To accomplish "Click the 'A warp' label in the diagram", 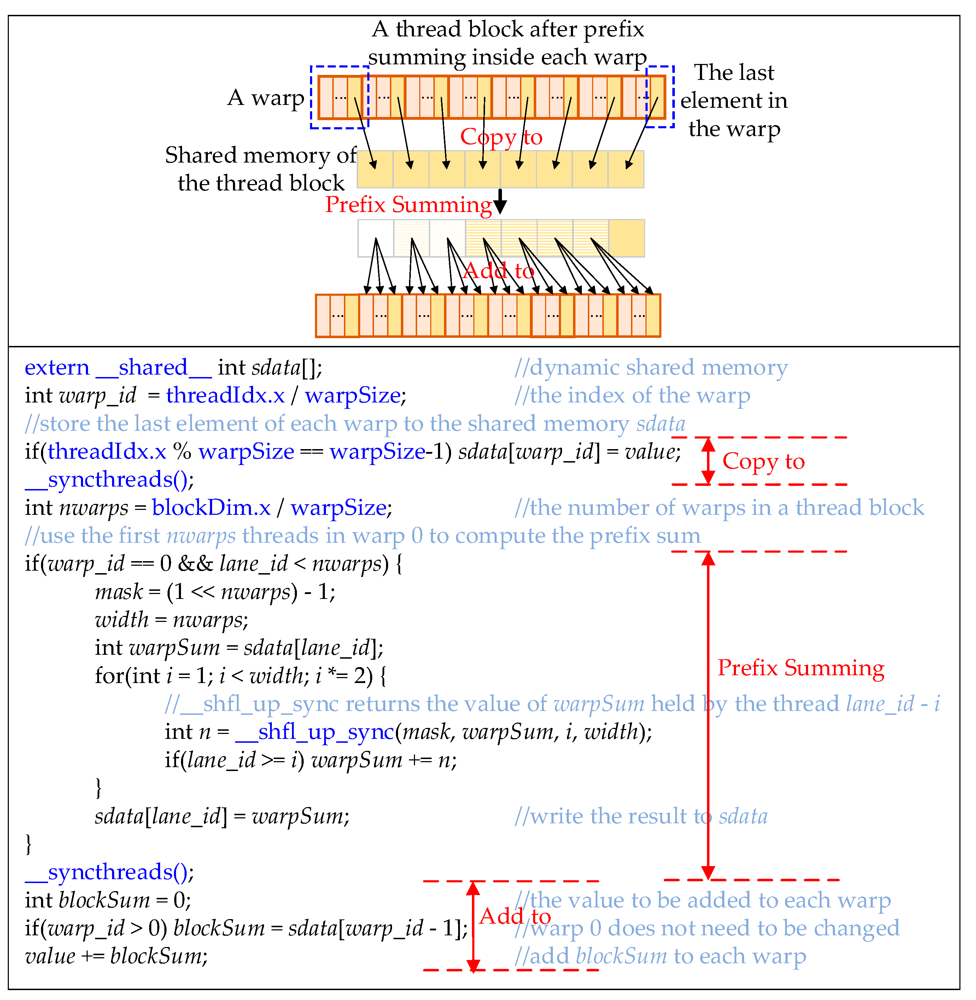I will pos(265,97).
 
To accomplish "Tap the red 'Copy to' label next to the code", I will pos(763,461).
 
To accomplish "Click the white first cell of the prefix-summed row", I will pos(376,238).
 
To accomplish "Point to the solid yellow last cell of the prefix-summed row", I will pos(626,238).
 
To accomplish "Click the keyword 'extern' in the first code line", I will pos(57,368).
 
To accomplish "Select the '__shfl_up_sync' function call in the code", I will pos(315,731).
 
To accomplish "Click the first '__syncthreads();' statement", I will pos(110,480).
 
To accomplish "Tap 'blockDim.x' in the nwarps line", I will pos(211,508).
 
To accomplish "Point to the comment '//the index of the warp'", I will pos(632,395).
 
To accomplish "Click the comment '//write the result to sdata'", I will pos(641,816).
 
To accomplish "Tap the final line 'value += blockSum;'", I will pos(116,956).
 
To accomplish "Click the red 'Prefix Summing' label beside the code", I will pos(801,668).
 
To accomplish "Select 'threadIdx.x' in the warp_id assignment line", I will pos(226,395).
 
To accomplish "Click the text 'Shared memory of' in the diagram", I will pos(261,155).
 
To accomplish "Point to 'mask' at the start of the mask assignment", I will pos(118,592).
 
